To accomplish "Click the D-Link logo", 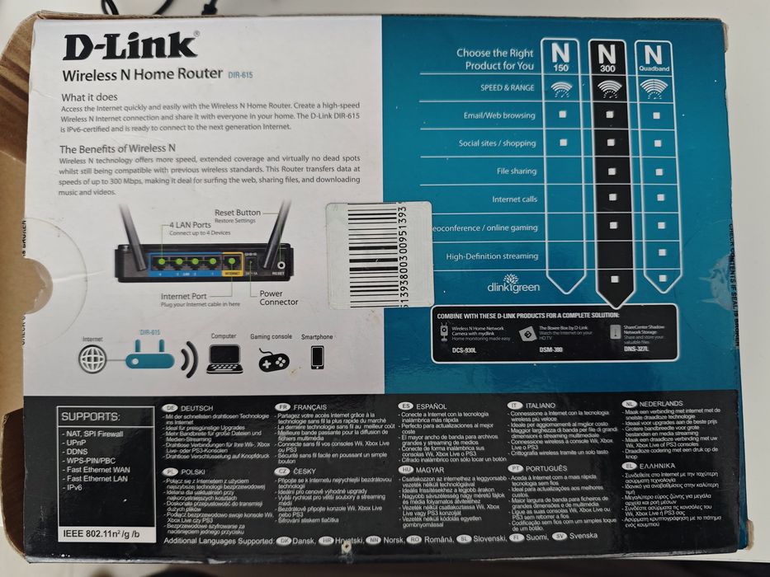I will pyautogui.click(x=130, y=46).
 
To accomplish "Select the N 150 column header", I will pyautogui.click(x=561, y=57).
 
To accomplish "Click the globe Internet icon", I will pyautogui.click(x=93, y=359).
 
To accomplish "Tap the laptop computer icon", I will pyautogui.click(x=224, y=359).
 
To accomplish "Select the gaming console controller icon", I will pyautogui.click(x=273, y=360).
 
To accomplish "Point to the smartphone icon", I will pyautogui.click(x=317, y=357).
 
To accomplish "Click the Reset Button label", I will pyautogui.click(x=237, y=213).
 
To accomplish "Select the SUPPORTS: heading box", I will pyautogui.click(x=90, y=416).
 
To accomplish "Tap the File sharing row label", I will pyautogui.click(x=516, y=171).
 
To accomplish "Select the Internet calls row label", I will pyautogui.click(x=514, y=199).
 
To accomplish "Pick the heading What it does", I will pyautogui.click(x=90, y=96).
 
